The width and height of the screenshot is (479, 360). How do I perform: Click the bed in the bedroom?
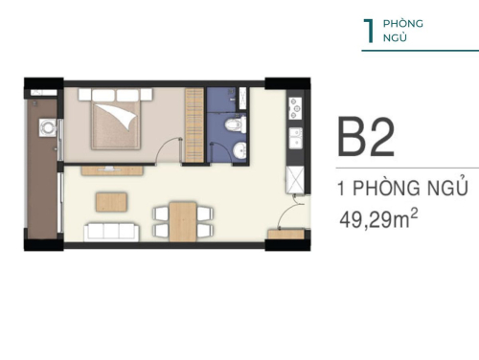pyautogui.click(x=116, y=123)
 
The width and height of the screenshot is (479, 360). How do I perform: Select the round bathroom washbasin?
pyautogui.click(x=239, y=150)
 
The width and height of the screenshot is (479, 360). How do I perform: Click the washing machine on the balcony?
pyautogui.click(x=48, y=127)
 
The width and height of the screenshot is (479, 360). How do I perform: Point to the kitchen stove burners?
pyautogui.click(x=295, y=108)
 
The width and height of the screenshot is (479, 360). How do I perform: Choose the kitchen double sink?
pyautogui.click(x=296, y=139)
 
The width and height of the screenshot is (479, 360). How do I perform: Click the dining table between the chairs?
pyautogui.click(x=183, y=221)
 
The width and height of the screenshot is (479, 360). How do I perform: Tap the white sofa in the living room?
pyautogui.click(x=112, y=232)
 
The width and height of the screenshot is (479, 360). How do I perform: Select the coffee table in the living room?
pyautogui.click(x=111, y=202)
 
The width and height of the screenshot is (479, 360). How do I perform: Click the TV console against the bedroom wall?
pyautogui.click(x=112, y=170)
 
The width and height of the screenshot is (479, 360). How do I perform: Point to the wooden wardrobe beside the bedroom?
pyautogui.click(x=194, y=125)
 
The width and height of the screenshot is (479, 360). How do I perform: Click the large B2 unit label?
pyautogui.click(x=366, y=137)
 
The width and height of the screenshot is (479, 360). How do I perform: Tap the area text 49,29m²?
pyautogui.click(x=378, y=219)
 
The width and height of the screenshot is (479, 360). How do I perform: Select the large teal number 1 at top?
pyautogui.click(x=369, y=31)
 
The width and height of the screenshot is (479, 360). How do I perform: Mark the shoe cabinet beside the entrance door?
pyautogui.click(x=285, y=234)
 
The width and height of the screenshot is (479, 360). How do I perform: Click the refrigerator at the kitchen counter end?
pyautogui.click(x=295, y=180)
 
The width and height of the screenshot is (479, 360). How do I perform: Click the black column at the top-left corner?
pyautogui.click(x=44, y=82)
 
